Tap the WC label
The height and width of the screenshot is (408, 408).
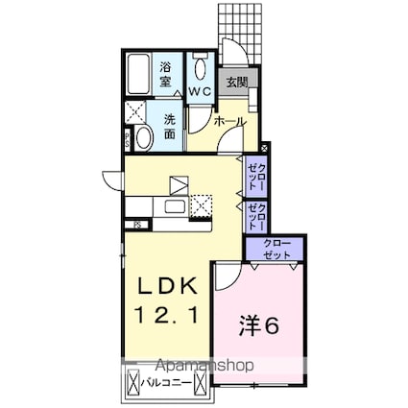pos(201,91)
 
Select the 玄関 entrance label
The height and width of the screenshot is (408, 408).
pos(235,82)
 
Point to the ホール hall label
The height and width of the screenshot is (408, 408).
pos(228,122)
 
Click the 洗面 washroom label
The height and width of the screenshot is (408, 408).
pos(169,128)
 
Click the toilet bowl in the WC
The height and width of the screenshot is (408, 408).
pos(201,67)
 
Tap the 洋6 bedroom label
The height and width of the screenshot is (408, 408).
pos(257,324)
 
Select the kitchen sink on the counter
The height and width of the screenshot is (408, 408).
pos(176,206)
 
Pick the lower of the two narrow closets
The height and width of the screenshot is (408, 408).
pos(254,218)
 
